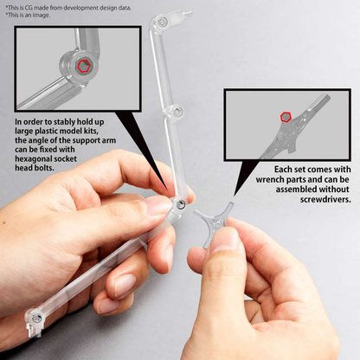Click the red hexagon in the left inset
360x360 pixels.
[82, 66]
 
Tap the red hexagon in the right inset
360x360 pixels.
[285, 117]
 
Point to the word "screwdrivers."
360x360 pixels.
[320, 199]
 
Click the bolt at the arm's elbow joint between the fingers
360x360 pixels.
[180, 203]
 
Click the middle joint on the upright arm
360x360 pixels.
[177, 112]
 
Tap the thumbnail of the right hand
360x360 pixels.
[224, 240]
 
